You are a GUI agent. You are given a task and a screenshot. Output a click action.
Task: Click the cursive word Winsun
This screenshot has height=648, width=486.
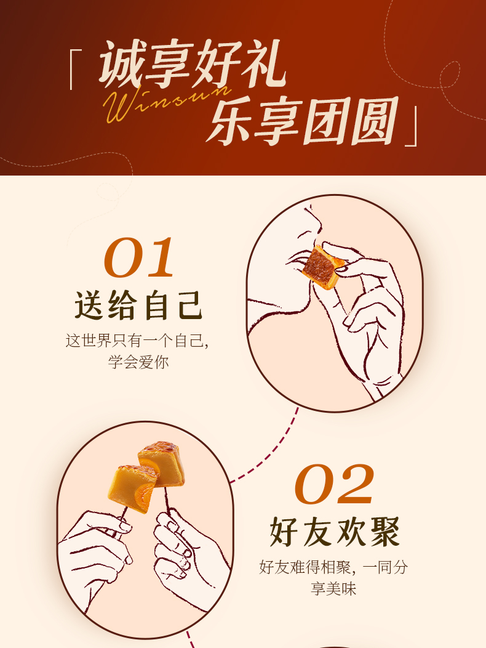(x=167, y=102)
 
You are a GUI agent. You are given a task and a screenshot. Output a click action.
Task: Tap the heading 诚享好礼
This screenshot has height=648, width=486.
(x=192, y=64)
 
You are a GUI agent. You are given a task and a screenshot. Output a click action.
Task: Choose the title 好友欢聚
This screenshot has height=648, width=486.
(x=335, y=532)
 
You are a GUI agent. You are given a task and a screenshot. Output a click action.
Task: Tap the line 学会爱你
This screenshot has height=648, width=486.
(x=139, y=362)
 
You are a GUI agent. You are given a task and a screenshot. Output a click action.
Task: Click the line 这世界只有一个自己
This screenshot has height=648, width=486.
(x=137, y=341)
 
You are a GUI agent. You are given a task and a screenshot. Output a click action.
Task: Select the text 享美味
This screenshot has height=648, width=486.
(x=333, y=588)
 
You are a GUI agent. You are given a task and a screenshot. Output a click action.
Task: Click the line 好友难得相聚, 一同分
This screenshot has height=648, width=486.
(x=333, y=567)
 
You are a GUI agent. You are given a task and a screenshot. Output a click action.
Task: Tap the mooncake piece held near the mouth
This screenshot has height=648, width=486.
(x=322, y=267)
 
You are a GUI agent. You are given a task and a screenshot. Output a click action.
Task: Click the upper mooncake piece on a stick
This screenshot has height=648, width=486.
(x=161, y=464)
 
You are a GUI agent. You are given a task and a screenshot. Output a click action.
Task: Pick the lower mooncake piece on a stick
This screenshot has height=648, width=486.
(x=132, y=488)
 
